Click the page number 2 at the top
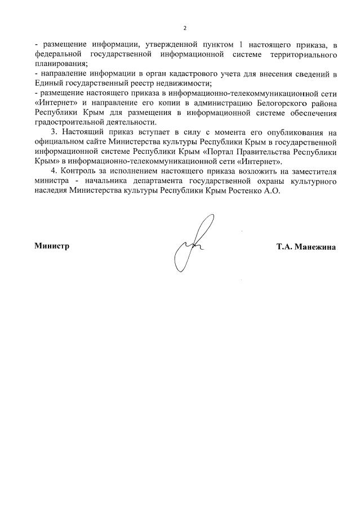pyautogui.click(x=184, y=28)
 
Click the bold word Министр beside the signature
pyautogui.click(x=51, y=246)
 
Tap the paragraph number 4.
pyautogui.click(x=53, y=172)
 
